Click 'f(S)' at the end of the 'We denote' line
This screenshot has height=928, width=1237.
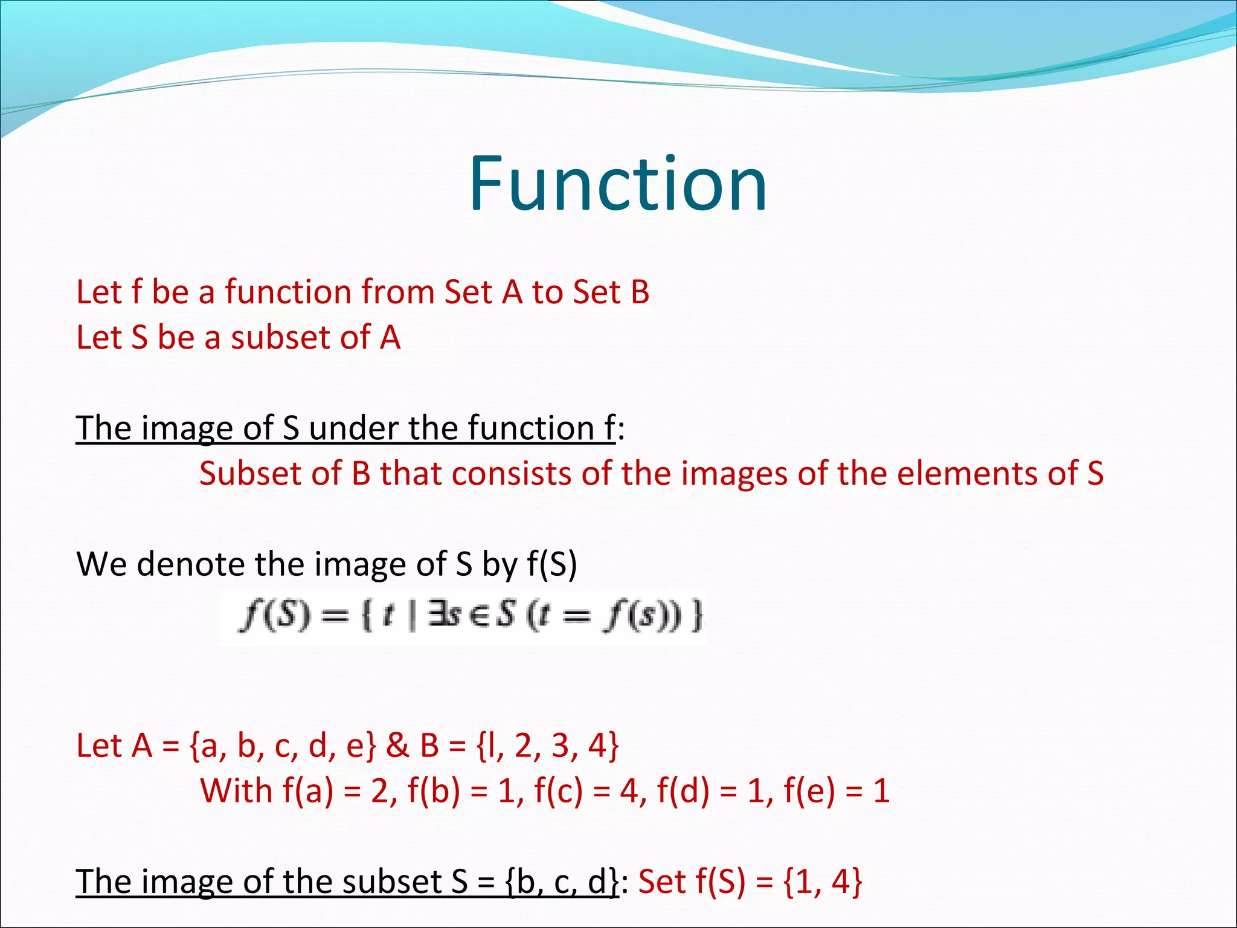[551, 564]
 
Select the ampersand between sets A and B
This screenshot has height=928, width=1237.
[397, 746]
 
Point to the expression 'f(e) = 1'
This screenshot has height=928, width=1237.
[837, 791]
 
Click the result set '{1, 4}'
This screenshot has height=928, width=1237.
[822, 881]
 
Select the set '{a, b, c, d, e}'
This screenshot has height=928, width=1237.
[283, 746]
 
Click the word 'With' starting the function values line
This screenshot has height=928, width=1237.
[236, 791]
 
